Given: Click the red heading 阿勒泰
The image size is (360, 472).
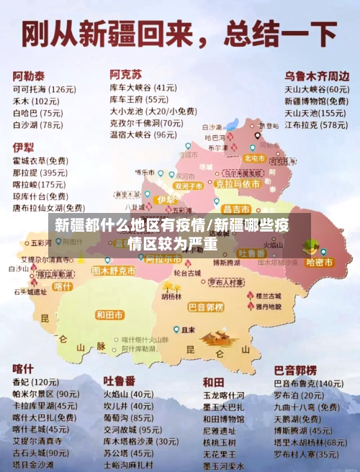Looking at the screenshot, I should [29, 75].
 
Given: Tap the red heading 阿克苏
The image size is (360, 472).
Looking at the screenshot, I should [125, 73].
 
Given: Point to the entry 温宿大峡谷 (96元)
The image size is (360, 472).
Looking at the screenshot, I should [143, 135].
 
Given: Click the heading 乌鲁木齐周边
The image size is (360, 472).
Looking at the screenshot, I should [316, 75].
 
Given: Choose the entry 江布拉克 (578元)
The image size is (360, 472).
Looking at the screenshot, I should [315, 125].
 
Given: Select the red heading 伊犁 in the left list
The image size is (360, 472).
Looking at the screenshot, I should [23, 147].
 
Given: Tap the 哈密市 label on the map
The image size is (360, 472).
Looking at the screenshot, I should [319, 263].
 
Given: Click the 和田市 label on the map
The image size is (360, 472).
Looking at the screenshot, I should [109, 315].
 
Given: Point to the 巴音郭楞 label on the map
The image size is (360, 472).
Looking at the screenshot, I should [205, 307].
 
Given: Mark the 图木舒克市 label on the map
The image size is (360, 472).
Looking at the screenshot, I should [113, 271].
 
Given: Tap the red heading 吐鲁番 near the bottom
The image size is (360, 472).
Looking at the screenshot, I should [119, 380].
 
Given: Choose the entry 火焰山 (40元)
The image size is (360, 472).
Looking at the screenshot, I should [127, 394].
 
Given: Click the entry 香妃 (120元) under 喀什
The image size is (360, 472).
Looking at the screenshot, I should [35, 381].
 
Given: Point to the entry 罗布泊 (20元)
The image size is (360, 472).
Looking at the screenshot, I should [298, 395].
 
